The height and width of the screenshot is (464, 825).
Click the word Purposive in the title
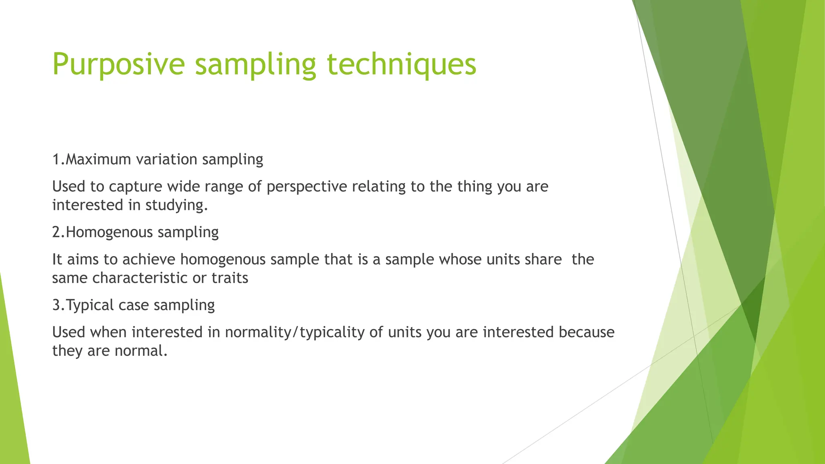[x=118, y=64]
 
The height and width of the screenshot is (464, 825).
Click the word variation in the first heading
[x=166, y=159]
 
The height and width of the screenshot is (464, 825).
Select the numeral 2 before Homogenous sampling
[x=56, y=232]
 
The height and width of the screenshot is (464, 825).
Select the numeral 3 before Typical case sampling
[x=56, y=305]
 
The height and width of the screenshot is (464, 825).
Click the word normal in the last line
[x=140, y=351]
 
